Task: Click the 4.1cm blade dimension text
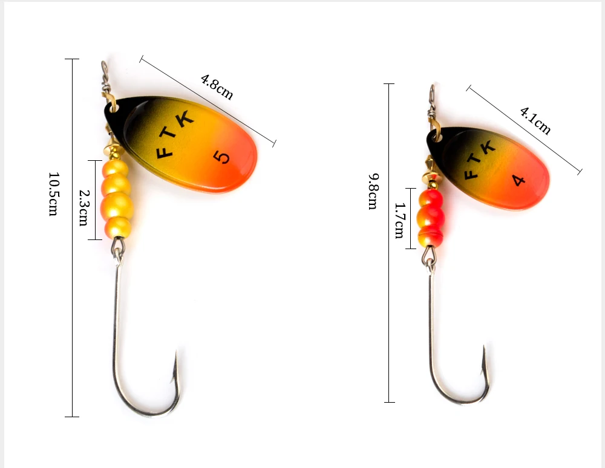pyautogui.click(x=535, y=120)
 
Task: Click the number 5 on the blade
pyautogui.click(x=223, y=157)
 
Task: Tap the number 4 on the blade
pyautogui.click(x=518, y=180)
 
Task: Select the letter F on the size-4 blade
pyautogui.click(x=469, y=175)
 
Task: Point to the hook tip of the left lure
pyautogui.click(x=176, y=354)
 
